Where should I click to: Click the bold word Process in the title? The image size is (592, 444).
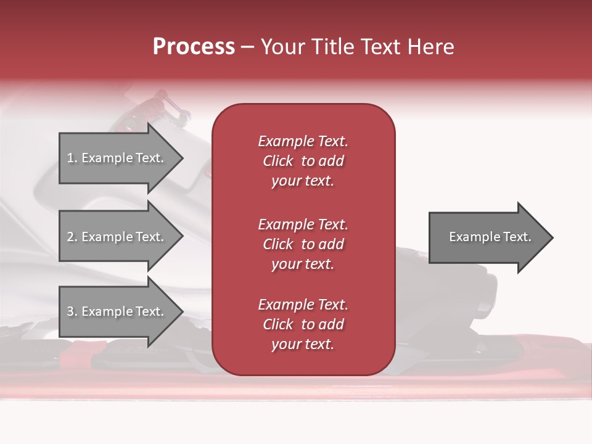[194, 47]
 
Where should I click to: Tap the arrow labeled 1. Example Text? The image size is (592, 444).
[117, 158]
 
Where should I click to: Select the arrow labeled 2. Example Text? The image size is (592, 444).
[117, 237]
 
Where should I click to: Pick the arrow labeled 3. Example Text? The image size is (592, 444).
[117, 311]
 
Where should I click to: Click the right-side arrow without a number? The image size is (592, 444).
[487, 237]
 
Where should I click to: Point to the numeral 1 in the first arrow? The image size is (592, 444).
[70, 158]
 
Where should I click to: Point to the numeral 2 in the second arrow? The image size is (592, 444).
[70, 237]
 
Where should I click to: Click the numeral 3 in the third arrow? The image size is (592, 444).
[70, 311]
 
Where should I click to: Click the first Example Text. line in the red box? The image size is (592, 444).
[303, 141]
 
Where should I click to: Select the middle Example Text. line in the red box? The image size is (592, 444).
[303, 224]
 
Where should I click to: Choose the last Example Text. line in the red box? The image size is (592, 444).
[303, 305]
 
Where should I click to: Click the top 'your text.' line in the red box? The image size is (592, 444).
[303, 181]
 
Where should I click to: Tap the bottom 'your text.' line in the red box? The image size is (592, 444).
[303, 345]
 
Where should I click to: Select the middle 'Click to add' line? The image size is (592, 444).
[303, 244]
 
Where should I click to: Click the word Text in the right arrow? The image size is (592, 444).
[518, 237]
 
